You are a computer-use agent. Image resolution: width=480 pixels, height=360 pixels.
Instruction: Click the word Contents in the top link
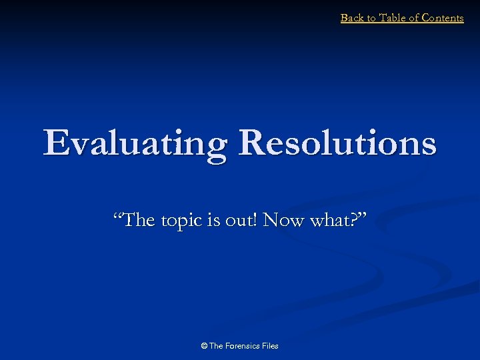(443, 18)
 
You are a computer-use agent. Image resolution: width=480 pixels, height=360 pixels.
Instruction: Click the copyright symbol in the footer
(204, 346)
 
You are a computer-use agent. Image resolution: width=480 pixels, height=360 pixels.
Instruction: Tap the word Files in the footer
(270, 346)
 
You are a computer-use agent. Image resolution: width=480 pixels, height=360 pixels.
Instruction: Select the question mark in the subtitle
(355, 219)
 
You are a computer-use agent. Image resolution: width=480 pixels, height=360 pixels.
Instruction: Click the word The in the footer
(217, 346)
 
